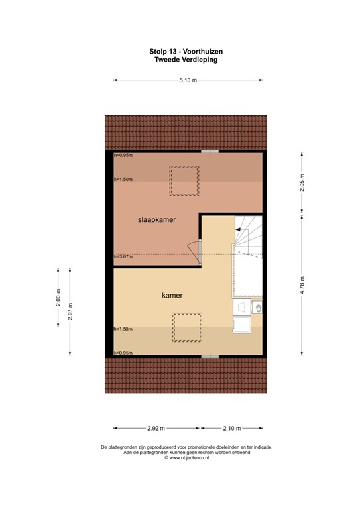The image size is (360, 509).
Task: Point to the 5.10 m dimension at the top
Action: [188, 81]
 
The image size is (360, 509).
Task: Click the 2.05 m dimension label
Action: [302, 183]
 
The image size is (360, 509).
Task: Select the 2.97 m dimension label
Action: [70, 311]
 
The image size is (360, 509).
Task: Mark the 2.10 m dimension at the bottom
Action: [231, 428]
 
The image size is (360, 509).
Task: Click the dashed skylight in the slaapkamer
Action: [184, 181]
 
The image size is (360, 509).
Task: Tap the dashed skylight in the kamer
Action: [186, 327]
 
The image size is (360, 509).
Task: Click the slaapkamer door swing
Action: [194, 251]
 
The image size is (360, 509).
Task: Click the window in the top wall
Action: [210, 152]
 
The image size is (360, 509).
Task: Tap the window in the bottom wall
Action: [210, 357]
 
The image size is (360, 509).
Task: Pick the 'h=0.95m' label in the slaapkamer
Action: [123, 156]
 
